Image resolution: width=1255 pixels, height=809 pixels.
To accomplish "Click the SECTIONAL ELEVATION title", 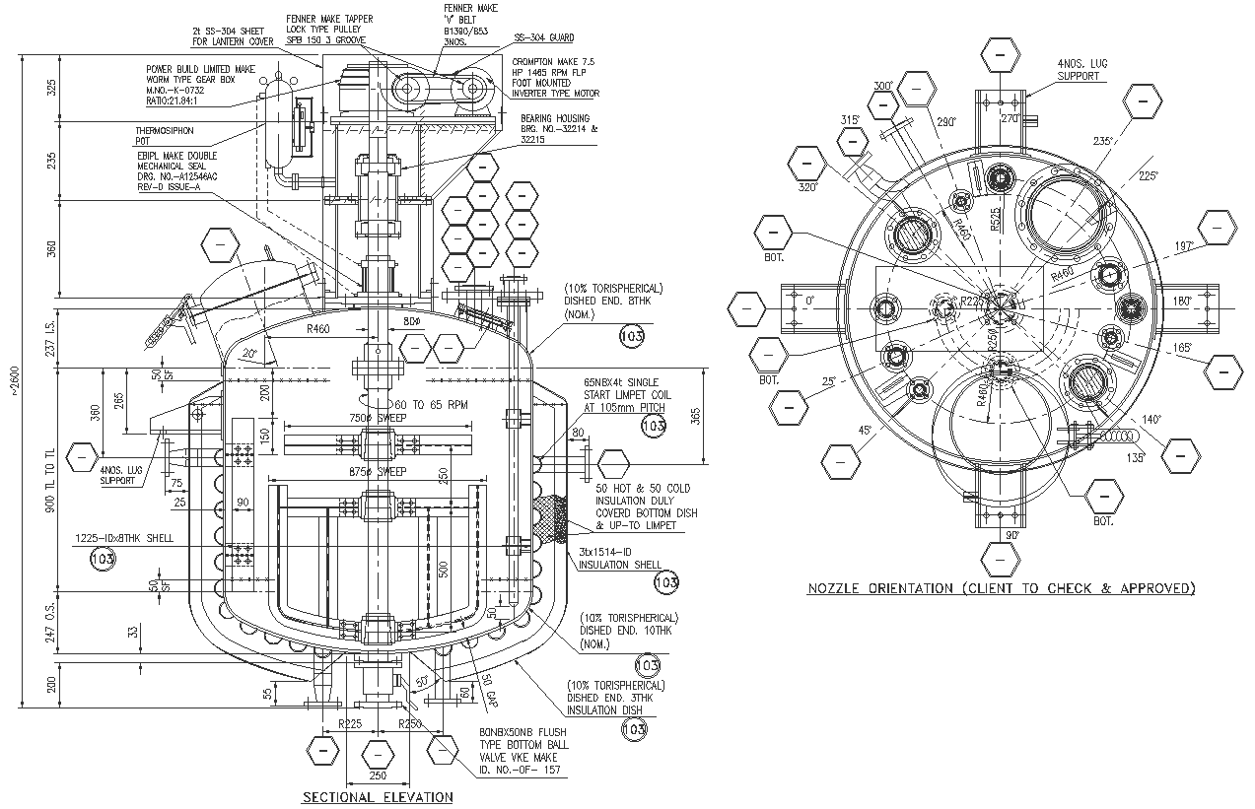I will [x=378, y=796].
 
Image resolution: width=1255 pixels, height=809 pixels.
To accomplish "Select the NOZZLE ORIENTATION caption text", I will [x=1001, y=588].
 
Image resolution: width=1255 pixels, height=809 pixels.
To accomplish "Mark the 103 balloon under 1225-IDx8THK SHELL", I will [x=103, y=560].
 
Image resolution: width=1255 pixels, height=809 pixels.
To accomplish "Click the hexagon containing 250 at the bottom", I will [x=378, y=755].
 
